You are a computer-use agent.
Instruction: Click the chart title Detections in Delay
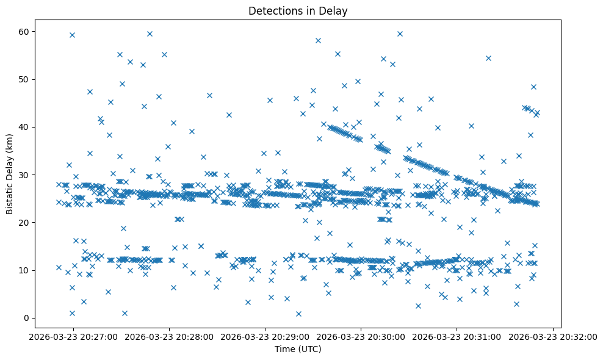point(298,10)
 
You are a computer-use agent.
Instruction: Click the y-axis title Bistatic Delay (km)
point(10,175)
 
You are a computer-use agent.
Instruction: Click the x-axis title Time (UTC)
point(298,350)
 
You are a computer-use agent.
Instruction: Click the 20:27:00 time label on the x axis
point(75,337)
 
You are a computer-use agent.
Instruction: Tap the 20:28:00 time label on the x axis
point(171,337)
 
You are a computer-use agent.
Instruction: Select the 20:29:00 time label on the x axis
point(266,337)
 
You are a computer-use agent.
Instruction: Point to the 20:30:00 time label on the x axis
point(362,337)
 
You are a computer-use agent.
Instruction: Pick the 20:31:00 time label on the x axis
point(457,337)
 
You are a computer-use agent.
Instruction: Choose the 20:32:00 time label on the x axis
point(552,337)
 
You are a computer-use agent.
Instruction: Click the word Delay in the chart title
point(335,10)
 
